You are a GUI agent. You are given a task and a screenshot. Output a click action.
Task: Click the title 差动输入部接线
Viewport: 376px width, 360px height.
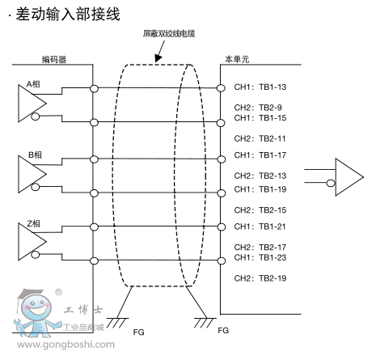(68, 14)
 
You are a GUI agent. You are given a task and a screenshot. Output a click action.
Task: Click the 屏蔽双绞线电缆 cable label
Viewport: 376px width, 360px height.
(169, 34)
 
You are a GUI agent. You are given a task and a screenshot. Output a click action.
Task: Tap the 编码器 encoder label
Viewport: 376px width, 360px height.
(54, 59)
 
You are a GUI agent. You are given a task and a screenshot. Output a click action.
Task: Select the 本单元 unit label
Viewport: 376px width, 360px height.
(237, 59)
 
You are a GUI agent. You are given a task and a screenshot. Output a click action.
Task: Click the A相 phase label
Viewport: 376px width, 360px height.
(33, 84)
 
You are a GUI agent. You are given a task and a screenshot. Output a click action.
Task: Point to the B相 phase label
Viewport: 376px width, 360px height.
(35, 155)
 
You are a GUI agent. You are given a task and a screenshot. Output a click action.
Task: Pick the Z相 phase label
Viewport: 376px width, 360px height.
(34, 223)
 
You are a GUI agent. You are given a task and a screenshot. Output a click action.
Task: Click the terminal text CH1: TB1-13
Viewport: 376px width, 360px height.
(260, 87)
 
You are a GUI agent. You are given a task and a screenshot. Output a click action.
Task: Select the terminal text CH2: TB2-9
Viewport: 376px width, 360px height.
(258, 108)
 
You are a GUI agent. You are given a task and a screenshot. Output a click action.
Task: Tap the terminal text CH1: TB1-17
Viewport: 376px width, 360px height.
(260, 155)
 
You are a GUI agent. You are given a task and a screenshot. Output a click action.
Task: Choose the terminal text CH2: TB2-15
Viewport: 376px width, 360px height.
(260, 210)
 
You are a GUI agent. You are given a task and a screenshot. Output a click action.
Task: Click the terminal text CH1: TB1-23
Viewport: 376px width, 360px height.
(260, 257)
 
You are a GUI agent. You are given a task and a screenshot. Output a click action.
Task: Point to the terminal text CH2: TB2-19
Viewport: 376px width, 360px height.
(260, 278)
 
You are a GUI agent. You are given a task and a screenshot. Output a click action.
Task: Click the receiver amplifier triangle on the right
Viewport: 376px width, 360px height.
(349, 177)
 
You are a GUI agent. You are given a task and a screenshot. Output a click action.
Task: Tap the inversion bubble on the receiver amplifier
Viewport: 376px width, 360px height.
(331, 184)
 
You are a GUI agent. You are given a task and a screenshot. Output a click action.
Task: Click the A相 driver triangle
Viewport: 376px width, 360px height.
(32, 104)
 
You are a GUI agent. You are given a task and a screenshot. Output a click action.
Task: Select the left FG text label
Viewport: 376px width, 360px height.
(138, 332)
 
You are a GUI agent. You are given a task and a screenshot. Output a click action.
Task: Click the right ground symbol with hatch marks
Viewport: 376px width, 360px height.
(205, 323)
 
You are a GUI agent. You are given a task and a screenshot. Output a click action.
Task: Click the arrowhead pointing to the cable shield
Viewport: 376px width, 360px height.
(158, 58)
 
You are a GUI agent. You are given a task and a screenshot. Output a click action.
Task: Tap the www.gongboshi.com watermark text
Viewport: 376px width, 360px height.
(65, 345)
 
